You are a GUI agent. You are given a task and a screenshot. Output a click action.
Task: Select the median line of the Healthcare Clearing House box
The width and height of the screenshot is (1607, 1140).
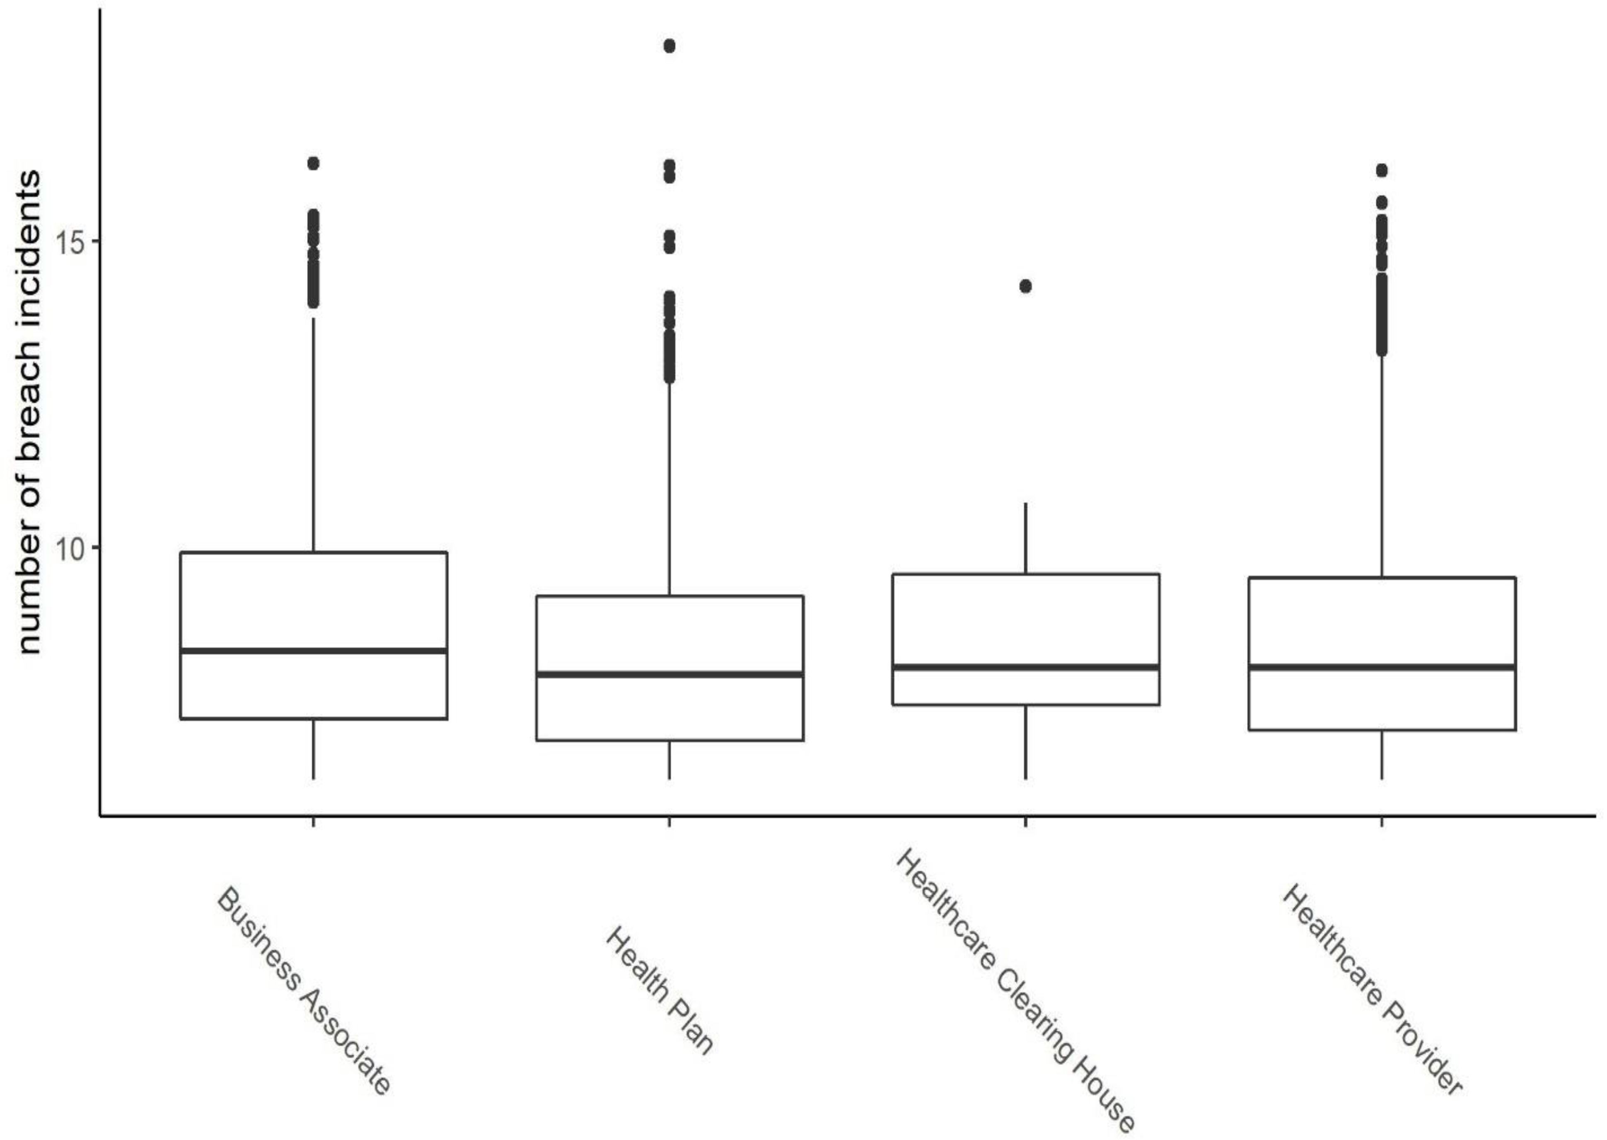click(1025, 667)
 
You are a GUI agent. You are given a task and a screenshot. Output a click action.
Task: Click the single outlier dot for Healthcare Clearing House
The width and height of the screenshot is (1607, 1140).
click(1025, 286)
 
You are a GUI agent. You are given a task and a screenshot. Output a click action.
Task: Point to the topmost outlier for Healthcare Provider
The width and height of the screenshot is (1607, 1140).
click(1382, 171)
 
